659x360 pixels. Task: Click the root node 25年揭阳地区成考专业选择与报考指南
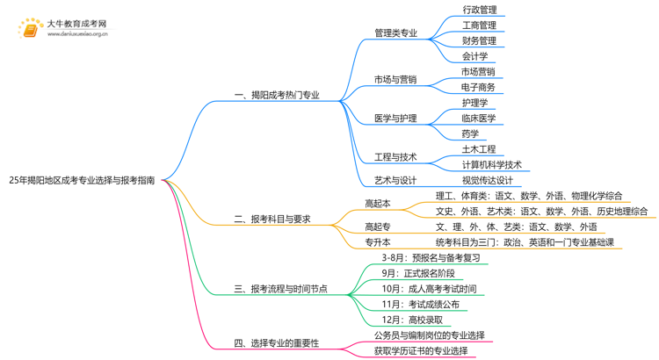(x=82, y=179)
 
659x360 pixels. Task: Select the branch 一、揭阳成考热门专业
(x=276, y=95)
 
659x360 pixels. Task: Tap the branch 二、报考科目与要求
(x=272, y=219)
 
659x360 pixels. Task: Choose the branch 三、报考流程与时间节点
(x=280, y=288)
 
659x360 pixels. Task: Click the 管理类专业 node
(x=395, y=33)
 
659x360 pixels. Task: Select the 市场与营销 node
(x=395, y=80)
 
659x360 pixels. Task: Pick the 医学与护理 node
(x=395, y=118)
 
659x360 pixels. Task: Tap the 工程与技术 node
(x=395, y=157)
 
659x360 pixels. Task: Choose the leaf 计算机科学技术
(x=491, y=164)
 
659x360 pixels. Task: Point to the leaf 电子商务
(x=478, y=87)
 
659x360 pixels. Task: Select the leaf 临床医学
(x=478, y=118)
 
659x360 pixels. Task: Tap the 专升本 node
(x=378, y=241)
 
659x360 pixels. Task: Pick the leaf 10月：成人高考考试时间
(x=430, y=289)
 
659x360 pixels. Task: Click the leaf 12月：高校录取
(x=413, y=320)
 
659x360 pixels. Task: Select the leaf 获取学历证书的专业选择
(x=421, y=350)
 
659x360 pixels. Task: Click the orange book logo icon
(x=30, y=31)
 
